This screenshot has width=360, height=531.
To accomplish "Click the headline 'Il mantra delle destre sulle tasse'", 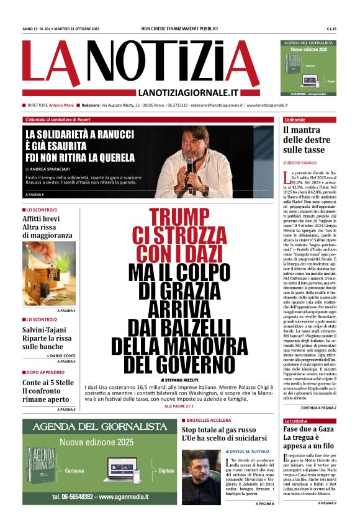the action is pyautogui.click(x=307, y=140).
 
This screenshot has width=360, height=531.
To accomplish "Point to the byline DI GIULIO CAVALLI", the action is pyautogui.click(x=300, y=161).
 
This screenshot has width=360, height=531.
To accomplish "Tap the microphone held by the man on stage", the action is pyautogui.click(x=191, y=168).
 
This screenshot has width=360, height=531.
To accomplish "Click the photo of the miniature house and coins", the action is pyautogui.click(x=49, y=273).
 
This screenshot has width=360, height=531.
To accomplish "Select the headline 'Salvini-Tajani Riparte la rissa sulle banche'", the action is pyautogui.click(x=48, y=337).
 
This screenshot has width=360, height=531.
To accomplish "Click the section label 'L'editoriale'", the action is pyautogui.click(x=295, y=119).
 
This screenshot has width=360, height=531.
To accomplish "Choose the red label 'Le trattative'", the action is pyautogui.click(x=295, y=421).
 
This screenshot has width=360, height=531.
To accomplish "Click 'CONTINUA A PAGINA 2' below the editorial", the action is pyautogui.click(x=318, y=408).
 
